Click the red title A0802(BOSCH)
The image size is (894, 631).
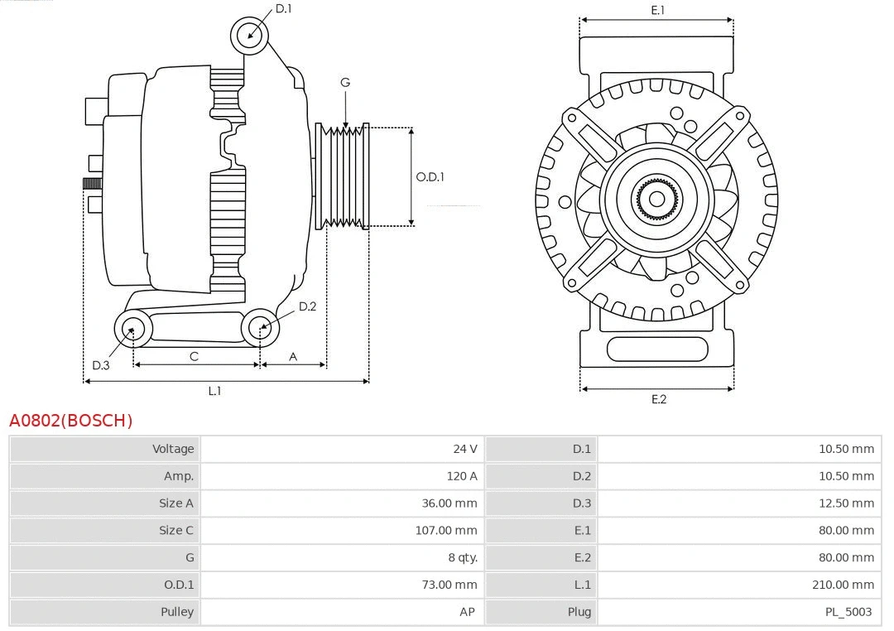[x=70, y=421]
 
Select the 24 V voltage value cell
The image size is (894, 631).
[x=464, y=449]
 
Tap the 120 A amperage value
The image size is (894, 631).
[x=461, y=476]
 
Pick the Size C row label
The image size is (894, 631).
[x=175, y=530]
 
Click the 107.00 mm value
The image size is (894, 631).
[x=445, y=530]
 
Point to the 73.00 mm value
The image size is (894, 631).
[x=449, y=585]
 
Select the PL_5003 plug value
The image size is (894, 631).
[x=848, y=612]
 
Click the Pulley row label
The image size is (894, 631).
[x=176, y=612]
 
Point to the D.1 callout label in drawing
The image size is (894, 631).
[x=283, y=8]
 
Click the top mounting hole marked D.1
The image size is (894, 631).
[x=250, y=35]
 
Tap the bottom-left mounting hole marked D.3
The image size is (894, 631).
[x=132, y=330]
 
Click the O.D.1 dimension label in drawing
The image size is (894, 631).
[x=430, y=176]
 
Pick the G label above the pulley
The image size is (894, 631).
[x=345, y=82]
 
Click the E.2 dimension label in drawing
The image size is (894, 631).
[x=658, y=399]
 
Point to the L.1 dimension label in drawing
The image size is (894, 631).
[x=214, y=391]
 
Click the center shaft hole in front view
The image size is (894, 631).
[x=656, y=199]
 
